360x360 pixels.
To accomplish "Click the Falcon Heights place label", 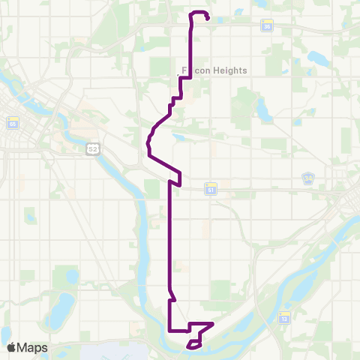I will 215,71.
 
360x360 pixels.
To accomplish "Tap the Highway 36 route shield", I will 267,26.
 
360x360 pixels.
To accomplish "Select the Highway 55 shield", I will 12,123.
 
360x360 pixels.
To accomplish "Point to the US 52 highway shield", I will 92,149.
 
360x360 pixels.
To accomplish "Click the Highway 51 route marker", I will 211,190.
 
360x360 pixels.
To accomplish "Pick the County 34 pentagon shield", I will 308,178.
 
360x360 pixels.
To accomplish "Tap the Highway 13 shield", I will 284,318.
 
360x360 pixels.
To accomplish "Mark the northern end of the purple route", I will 206,18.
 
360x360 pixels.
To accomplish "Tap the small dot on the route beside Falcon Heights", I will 178,76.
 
